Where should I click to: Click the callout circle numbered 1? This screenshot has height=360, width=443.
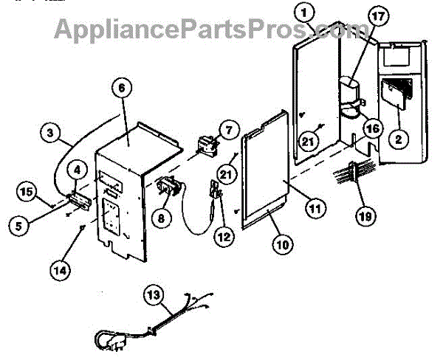click(304, 11)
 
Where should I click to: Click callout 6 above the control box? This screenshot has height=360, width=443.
click(123, 88)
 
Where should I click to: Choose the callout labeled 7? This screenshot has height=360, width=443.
click(226, 131)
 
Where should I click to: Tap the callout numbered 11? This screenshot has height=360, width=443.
click(316, 210)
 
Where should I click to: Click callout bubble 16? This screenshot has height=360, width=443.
click(371, 128)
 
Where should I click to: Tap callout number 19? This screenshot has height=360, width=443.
click(365, 216)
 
